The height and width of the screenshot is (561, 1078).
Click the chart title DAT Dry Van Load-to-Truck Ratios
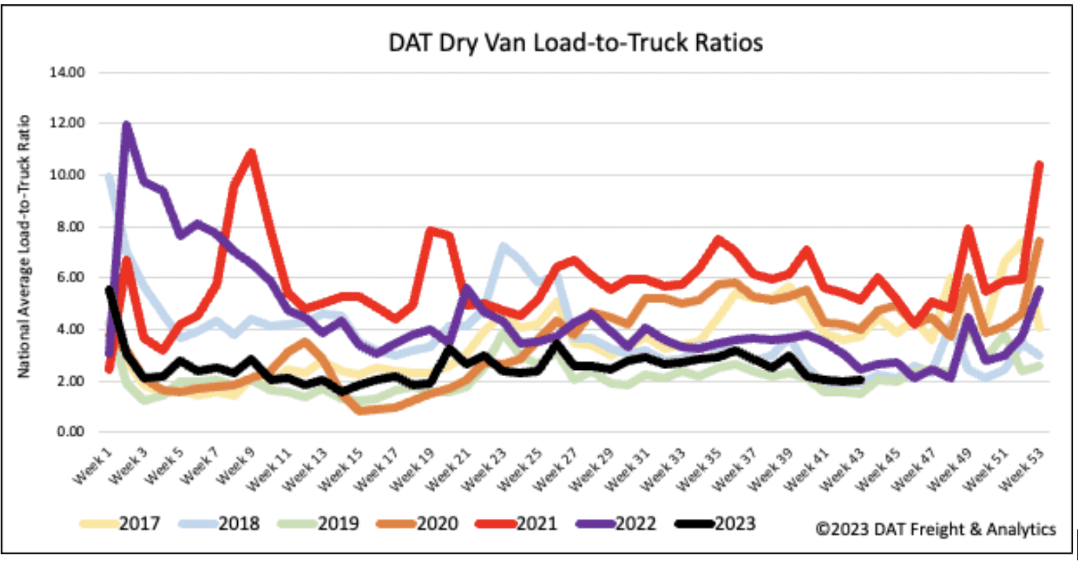575,43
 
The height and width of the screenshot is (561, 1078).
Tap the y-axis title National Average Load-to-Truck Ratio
25,246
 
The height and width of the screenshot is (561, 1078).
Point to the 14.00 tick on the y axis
67,72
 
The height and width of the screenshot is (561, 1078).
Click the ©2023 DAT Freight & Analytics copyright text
935,529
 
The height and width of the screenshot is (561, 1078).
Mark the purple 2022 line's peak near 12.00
126,124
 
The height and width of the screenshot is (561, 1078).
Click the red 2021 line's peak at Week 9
251,152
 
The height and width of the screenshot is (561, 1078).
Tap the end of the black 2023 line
860,379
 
